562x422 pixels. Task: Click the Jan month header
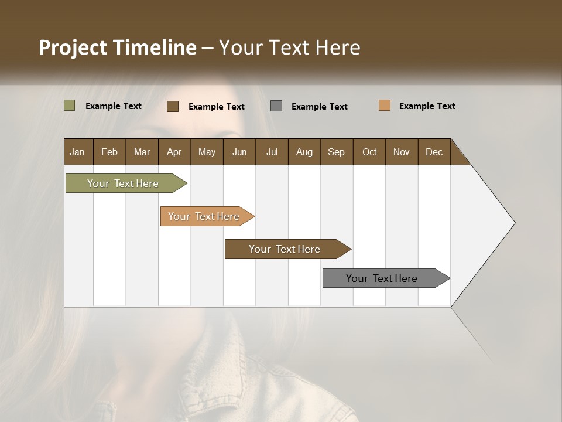(78, 152)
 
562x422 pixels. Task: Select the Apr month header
(174, 152)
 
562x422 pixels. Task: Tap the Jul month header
(272, 152)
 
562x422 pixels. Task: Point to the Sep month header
(336, 152)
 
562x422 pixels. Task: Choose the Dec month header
(434, 152)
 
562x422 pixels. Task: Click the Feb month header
(109, 152)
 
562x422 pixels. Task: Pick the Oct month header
(369, 152)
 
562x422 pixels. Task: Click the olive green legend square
(69, 105)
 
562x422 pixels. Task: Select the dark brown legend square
(173, 106)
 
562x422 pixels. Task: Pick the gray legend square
(276, 106)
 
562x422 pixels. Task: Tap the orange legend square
(385, 105)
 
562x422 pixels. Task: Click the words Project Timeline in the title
(117, 47)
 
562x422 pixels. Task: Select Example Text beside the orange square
(427, 106)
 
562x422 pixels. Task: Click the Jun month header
(239, 152)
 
